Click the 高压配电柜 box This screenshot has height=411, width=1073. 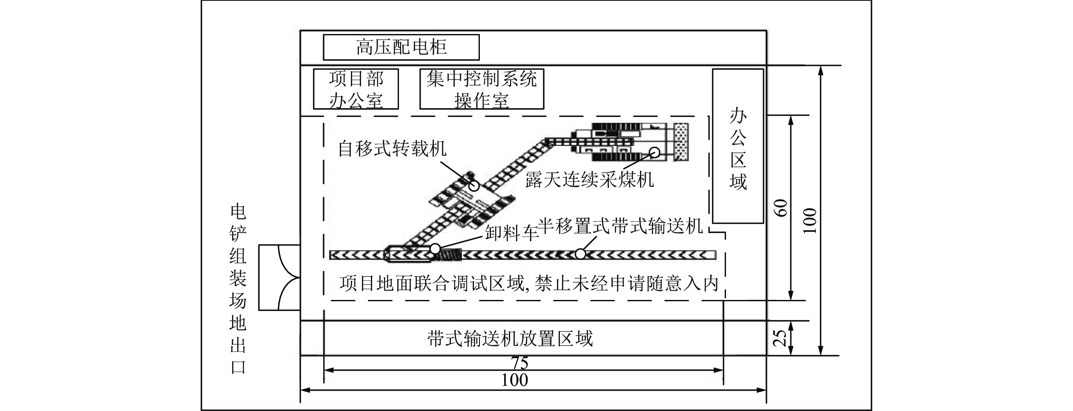coord(401,47)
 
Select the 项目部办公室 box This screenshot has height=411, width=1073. coord(356,89)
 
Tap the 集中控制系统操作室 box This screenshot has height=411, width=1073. coord(482,89)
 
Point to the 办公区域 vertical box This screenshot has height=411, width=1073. coord(738,146)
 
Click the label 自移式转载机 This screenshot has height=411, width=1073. coord(392,149)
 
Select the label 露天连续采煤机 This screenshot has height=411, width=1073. coord(589,180)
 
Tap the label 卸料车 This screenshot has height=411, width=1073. coord(511,232)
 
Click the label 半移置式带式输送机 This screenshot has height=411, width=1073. coord(620,226)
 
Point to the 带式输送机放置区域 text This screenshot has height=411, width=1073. coord(510,339)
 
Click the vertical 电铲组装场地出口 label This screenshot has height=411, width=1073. coord(238,289)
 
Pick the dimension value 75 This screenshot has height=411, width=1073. coord(520,363)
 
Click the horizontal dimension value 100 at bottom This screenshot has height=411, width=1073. coord(514,380)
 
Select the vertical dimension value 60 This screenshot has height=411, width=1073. coord(782,208)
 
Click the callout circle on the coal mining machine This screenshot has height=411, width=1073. coord(654,152)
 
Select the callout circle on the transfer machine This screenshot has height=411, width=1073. coord(474,186)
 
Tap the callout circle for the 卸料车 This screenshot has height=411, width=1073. coord(435,248)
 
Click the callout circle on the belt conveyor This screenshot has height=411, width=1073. coord(580,254)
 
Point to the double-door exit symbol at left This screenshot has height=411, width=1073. coord(280,277)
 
